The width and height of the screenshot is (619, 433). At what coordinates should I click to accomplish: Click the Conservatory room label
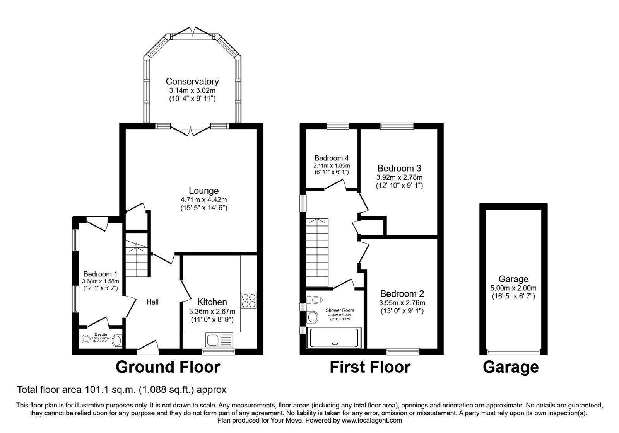point(192,82)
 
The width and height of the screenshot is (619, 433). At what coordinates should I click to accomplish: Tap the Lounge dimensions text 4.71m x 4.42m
point(203,200)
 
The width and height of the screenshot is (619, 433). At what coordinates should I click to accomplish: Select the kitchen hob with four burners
point(248,301)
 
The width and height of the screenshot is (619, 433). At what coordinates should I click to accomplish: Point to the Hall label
point(152,302)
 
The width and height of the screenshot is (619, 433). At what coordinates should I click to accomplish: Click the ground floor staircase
point(137,257)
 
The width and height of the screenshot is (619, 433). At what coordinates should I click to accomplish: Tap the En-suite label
point(101,334)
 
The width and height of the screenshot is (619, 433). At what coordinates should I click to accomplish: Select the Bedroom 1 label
point(100,274)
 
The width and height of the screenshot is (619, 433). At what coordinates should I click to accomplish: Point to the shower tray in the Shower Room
point(334,338)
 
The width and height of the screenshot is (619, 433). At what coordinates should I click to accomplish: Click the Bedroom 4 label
point(332,158)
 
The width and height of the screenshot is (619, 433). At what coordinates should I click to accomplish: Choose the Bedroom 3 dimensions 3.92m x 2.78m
point(399,177)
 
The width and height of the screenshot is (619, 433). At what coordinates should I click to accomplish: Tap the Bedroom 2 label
point(402,294)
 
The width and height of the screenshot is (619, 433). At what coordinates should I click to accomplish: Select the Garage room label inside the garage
point(513,279)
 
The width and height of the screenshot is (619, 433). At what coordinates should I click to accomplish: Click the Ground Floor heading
point(168,367)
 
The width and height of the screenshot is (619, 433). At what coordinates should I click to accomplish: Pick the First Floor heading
point(370,367)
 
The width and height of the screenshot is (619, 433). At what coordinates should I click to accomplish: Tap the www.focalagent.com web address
point(371,420)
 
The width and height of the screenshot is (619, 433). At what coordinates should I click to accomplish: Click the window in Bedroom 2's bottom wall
point(402,351)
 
